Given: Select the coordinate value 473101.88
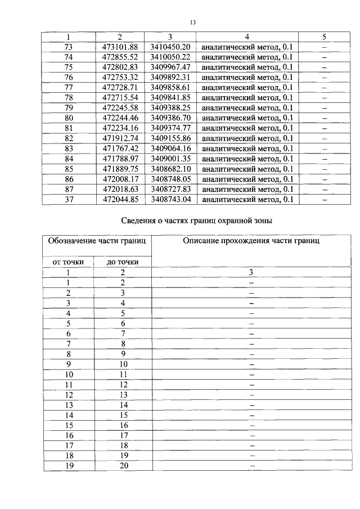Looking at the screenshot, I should [120, 47].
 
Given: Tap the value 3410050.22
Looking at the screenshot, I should [170, 57].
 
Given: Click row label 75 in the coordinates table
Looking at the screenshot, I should [69, 67].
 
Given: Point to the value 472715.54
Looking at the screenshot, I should [120, 97].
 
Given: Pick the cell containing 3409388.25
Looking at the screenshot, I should [170, 107].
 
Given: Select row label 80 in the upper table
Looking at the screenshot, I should [69, 118].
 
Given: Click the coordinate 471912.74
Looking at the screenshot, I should [120, 138].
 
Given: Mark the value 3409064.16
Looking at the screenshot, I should [170, 148].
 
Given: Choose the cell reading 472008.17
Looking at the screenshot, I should [120, 178].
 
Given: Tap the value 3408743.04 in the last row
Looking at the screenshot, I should [170, 199].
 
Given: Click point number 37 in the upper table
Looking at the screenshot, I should [69, 199].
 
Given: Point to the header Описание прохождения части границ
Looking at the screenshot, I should [251, 241].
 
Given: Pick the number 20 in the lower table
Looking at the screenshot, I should [123, 465].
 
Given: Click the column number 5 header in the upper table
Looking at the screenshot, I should [324, 37].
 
